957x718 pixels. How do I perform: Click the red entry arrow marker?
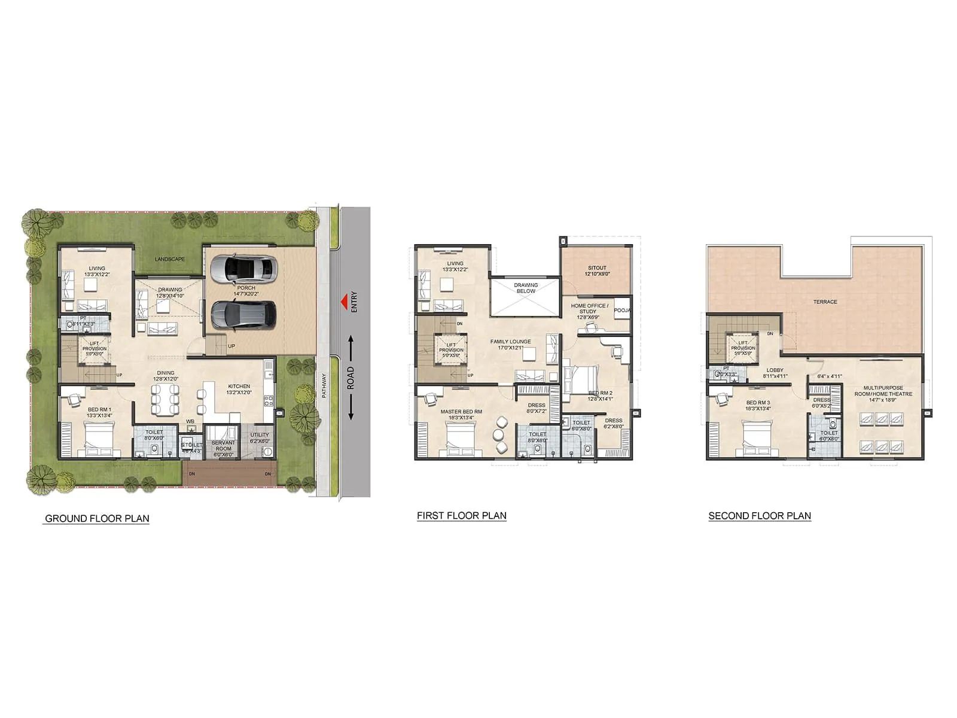344,302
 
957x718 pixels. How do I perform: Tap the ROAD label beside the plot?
351,378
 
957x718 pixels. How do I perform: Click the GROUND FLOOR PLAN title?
97,519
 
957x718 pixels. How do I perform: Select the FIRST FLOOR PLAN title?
462,516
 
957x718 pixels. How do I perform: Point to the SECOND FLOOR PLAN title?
760,516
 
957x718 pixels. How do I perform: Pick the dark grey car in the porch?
244,314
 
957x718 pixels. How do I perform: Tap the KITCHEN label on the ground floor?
239,387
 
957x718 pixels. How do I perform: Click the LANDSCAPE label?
170,259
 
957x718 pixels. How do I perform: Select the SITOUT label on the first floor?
597,268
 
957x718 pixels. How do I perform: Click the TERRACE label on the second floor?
825,302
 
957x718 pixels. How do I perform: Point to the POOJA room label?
622,311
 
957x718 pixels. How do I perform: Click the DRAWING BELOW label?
526,288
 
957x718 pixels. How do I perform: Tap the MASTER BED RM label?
461,412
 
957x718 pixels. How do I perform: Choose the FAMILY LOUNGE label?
511,342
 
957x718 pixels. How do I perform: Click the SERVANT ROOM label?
223,446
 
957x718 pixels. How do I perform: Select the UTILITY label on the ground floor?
260,435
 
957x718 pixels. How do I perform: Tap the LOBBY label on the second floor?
775,370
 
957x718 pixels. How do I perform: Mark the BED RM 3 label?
758,403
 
